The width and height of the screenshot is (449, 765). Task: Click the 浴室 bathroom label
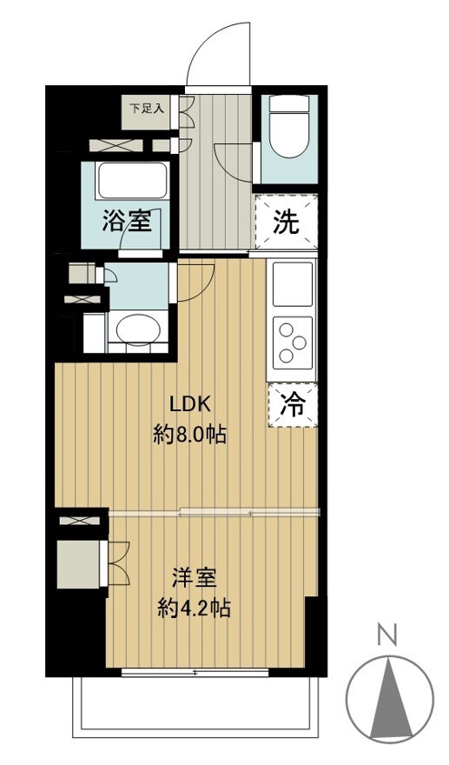click(127, 223)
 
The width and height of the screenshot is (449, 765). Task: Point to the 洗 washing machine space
click(286, 223)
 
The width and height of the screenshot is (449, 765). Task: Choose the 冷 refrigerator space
click(293, 405)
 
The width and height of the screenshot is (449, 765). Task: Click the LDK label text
click(190, 404)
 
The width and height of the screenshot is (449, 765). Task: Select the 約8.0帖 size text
click(190, 434)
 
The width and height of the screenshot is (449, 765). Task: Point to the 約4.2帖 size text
click(193, 607)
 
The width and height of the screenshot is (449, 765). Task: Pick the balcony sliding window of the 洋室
click(195, 672)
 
